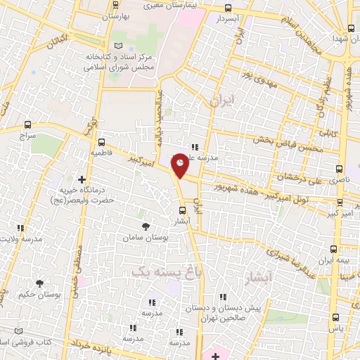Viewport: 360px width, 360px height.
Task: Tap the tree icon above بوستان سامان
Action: click(x=146, y=226)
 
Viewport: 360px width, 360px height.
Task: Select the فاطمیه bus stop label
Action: click(x=100, y=152)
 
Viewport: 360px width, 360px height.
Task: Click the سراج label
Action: click(x=27, y=134)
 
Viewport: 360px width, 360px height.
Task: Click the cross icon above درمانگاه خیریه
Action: click(x=82, y=180)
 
